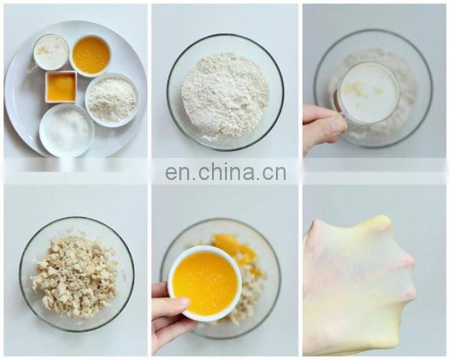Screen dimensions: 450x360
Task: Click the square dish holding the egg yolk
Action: (x=61, y=87)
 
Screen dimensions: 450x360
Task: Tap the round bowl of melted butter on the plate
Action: (x=91, y=55)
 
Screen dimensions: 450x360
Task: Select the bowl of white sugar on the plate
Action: (x=67, y=130)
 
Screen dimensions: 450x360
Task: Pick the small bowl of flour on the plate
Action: (x=112, y=100)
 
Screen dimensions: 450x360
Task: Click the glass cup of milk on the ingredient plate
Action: (x=51, y=52)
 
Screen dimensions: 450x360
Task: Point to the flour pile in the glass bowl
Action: (x=225, y=94)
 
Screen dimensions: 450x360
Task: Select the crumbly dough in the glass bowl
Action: (x=75, y=277)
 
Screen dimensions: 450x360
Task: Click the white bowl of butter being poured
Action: (x=205, y=283)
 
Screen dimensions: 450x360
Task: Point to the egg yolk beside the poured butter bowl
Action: (x=234, y=245)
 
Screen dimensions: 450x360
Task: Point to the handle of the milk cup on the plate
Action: (x=33, y=69)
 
